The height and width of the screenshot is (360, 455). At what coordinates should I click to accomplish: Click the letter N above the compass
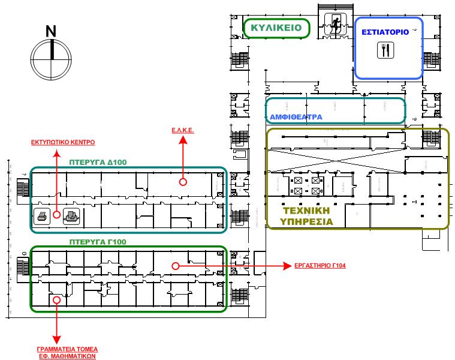tap(52, 31)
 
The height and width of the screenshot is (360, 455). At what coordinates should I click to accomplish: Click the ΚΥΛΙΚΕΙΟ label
tap(276, 28)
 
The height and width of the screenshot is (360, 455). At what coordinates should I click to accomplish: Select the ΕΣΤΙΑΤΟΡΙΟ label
tap(385, 32)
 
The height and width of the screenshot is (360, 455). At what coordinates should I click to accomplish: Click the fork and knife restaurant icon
tap(385, 50)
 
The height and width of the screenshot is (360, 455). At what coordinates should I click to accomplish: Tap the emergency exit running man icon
tap(335, 25)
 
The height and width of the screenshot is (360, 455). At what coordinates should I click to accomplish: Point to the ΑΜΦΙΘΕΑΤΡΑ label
tap(296, 116)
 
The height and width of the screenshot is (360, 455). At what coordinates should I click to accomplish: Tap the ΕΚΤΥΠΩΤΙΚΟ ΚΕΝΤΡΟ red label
tap(63, 142)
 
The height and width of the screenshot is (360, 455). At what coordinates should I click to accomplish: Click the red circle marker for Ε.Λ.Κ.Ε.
tap(183, 181)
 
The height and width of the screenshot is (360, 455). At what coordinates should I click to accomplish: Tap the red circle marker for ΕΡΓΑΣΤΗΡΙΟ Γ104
tap(175, 266)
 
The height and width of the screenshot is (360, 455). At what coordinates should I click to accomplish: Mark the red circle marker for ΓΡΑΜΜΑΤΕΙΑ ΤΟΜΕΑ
tap(56, 299)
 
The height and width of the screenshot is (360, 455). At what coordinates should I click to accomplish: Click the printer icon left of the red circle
tap(43, 216)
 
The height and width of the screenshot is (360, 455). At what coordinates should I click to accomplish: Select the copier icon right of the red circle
tap(71, 216)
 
